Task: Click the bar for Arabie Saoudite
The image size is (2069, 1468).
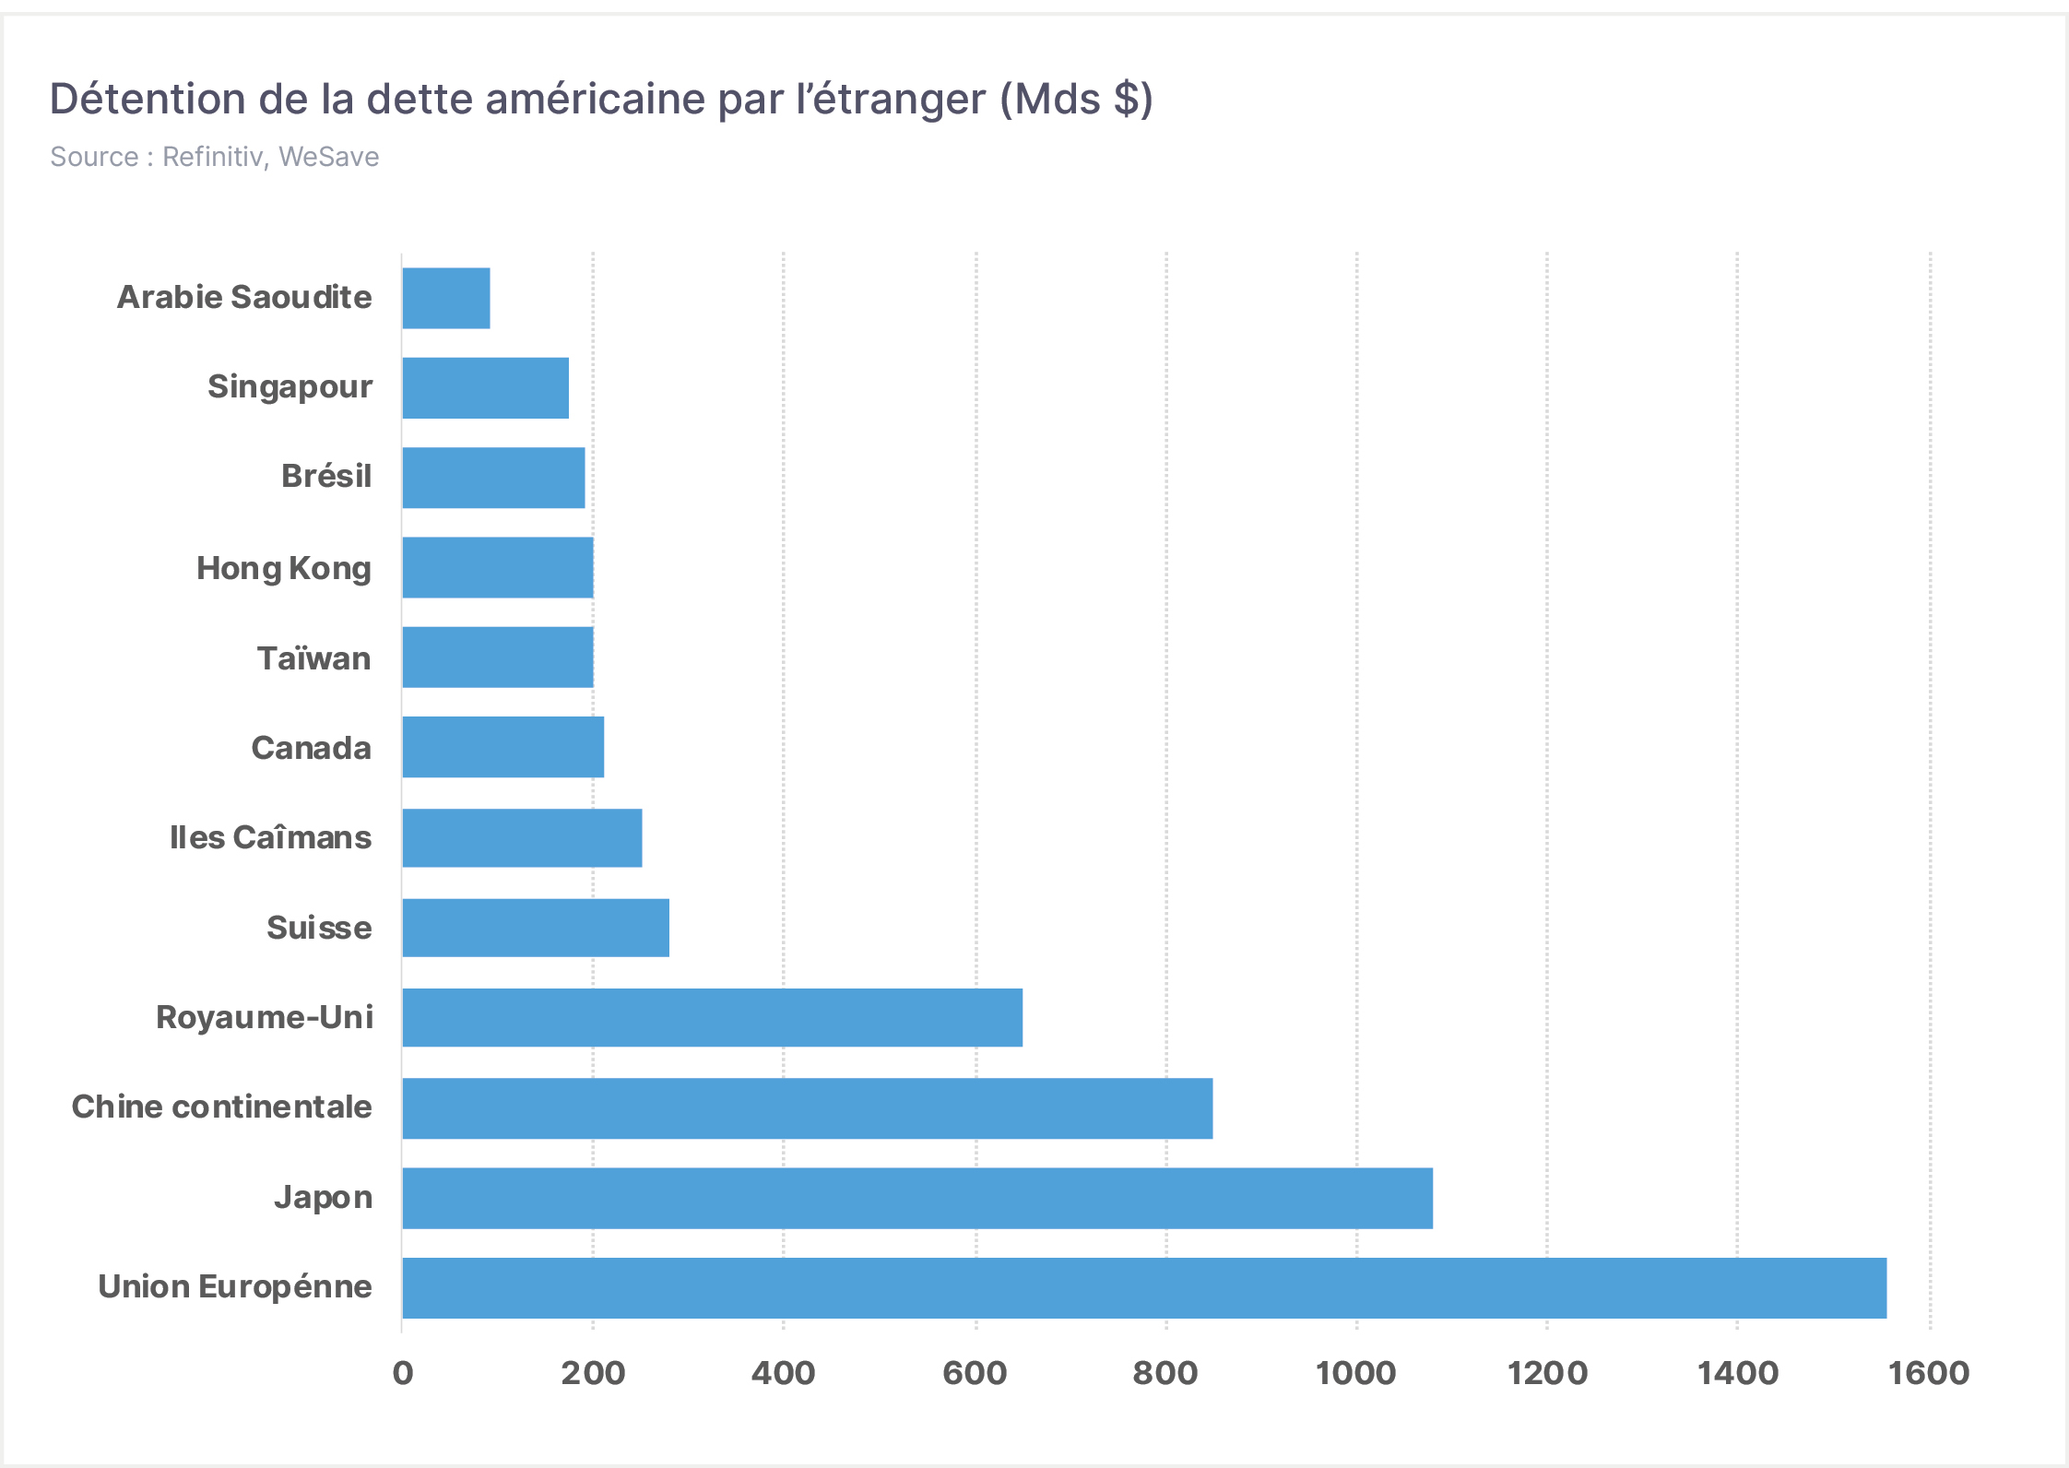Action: point(446,298)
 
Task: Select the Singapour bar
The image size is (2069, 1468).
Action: point(486,388)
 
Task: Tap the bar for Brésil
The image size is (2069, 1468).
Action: point(494,478)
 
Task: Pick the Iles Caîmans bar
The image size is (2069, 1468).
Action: point(523,837)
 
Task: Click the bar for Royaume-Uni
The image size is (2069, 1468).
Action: point(713,1017)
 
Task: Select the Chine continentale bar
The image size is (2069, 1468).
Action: point(808,1108)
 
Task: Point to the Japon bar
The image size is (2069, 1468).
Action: point(918,1198)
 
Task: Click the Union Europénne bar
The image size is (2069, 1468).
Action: point(1145,1287)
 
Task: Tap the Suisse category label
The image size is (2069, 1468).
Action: point(319,928)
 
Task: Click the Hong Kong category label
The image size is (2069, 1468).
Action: point(284,569)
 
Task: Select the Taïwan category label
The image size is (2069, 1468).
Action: point(314,658)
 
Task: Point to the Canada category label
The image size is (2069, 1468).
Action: point(312,748)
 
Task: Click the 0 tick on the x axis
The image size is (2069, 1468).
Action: point(403,1373)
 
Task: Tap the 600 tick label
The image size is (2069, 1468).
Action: point(975,1373)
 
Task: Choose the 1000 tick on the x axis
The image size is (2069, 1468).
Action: point(1356,1373)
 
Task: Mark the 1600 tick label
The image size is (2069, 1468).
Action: point(1929,1373)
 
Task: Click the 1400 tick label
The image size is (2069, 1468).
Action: point(1738,1373)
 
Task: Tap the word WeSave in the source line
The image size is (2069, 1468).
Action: point(329,157)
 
